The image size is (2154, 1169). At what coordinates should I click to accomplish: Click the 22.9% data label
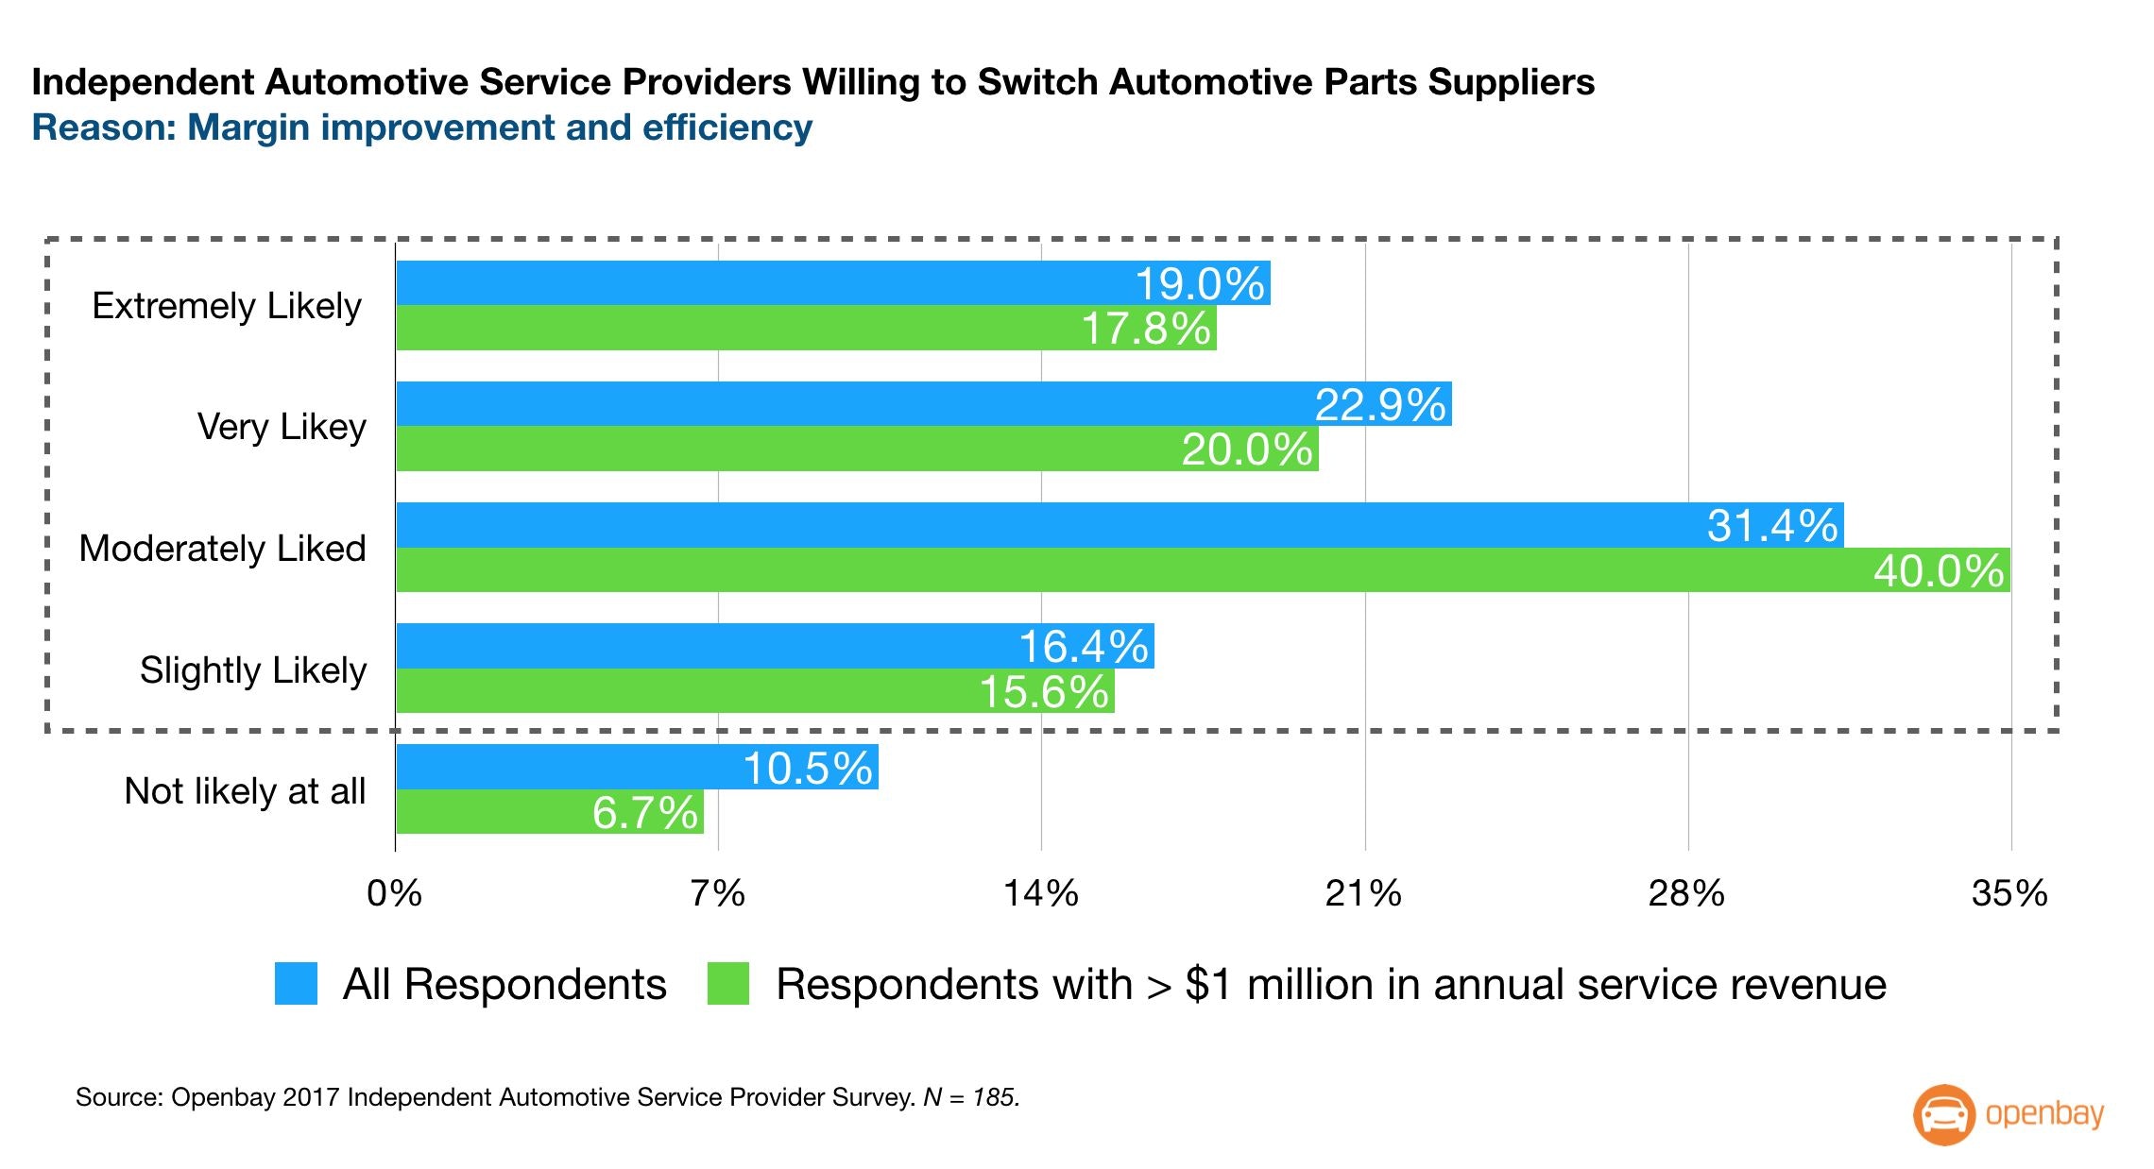1380,405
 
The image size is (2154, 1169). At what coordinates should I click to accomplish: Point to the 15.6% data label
1044,692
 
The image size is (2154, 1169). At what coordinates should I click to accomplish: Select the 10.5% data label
808,768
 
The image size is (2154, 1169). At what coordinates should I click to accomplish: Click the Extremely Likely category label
227,306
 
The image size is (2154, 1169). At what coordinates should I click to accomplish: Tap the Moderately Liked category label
222,549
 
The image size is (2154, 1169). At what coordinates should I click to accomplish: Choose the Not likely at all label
245,791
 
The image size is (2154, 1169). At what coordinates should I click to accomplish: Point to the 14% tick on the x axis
1041,893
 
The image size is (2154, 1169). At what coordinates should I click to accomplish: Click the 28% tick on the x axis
1686,893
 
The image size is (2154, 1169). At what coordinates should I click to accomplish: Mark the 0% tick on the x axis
395,893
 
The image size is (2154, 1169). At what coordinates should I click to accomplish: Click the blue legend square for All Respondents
296,984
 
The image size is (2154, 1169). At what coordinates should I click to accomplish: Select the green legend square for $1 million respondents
728,984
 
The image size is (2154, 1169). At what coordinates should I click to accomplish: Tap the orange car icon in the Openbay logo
1943,1115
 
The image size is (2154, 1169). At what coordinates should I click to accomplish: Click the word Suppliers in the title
1511,82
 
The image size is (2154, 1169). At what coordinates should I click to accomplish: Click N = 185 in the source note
971,1097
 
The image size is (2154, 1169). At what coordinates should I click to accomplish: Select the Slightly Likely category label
253,670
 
